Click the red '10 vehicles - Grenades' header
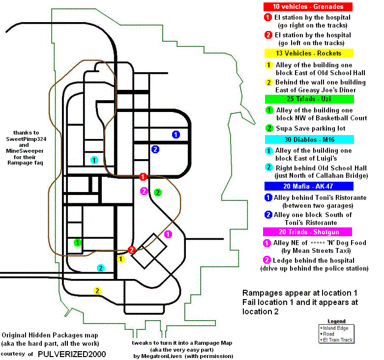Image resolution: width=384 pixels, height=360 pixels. click(308, 7)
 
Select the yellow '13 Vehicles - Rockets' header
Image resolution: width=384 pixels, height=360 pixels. click(308, 53)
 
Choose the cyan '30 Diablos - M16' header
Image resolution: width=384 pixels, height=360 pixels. click(308, 139)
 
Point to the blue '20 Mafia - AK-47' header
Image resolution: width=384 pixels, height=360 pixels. click(308, 186)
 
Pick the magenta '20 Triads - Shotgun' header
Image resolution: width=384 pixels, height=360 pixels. click(308, 232)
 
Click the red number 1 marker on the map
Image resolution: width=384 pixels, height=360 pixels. click(143, 176)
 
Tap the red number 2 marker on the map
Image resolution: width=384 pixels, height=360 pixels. click(131, 250)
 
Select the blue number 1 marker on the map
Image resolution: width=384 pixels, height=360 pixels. click(176, 134)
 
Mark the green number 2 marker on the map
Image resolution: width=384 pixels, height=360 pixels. click(158, 193)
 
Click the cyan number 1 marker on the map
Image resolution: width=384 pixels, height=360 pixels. click(94, 160)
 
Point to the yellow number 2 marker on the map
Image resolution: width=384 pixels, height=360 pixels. click(98, 290)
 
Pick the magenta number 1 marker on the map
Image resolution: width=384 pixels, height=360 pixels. click(168, 234)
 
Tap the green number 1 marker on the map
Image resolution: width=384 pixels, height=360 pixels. click(77, 242)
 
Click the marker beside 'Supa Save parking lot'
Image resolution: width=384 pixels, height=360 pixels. click(269, 129)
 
